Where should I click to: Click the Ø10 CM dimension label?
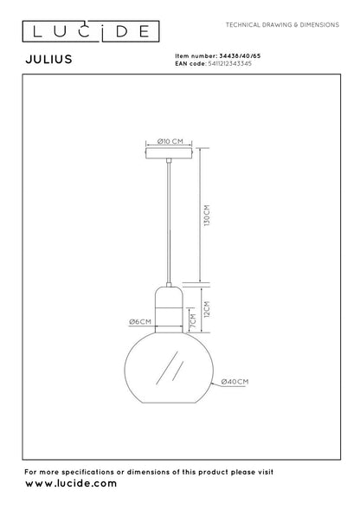[x=170, y=141]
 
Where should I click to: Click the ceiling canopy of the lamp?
[x=170, y=152]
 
